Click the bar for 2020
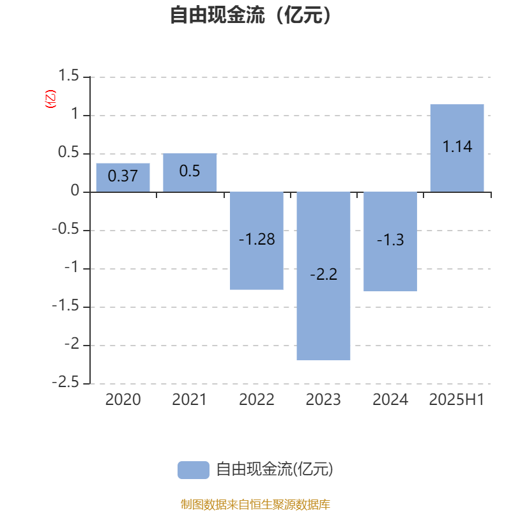click(123, 178)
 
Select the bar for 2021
click(190, 172)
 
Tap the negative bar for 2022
click(257, 241)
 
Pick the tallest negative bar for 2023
click(323, 276)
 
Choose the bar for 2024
click(390, 241)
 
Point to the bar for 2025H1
click(457, 148)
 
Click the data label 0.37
click(123, 176)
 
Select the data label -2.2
click(324, 274)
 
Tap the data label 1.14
click(457, 146)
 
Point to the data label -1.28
click(257, 239)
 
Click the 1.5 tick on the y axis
click(68, 75)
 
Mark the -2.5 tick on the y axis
click(66, 382)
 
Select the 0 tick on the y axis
click(75, 190)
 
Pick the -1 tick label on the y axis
click(72, 267)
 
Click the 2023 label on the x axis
click(323, 400)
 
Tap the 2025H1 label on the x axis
click(457, 400)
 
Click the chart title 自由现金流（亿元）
click(250, 15)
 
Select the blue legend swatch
click(194, 470)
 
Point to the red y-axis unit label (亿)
click(50, 99)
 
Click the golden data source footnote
click(255, 504)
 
